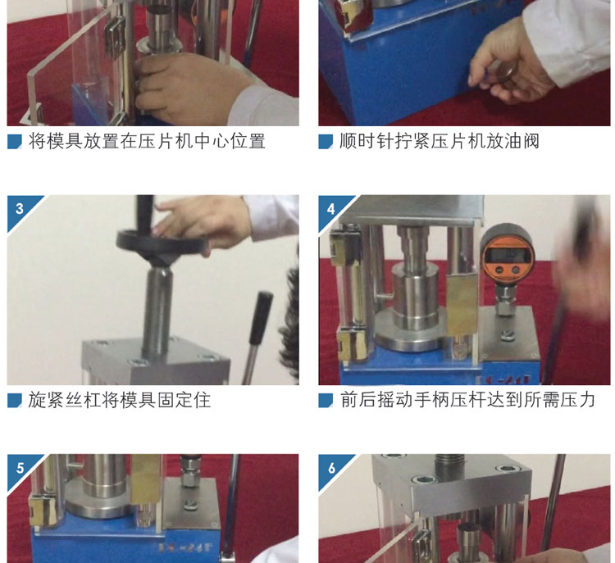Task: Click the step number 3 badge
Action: click(20, 208)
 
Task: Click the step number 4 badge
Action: click(331, 209)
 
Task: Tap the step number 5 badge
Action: click(20, 468)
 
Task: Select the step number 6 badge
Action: click(331, 468)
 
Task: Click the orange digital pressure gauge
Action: click(508, 255)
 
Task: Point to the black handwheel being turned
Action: click(162, 245)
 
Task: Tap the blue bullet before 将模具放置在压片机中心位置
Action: click(15, 142)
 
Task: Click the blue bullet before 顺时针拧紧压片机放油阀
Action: click(326, 142)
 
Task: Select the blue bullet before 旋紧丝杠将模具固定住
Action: click(15, 400)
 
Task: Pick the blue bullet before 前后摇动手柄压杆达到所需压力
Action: click(326, 400)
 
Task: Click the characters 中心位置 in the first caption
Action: click(230, 141)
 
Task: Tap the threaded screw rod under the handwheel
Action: click(157, 310)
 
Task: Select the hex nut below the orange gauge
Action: click(505, 306)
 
